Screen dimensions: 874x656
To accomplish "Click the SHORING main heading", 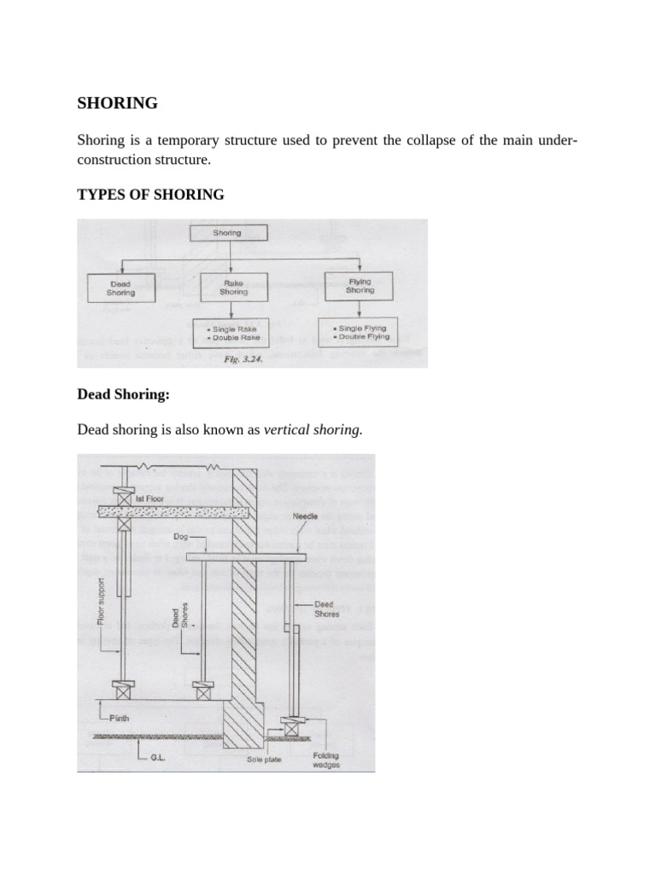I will click(118, 103).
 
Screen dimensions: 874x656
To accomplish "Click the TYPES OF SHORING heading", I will click(150, 195).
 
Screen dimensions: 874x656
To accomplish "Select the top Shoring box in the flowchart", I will click(227, 232).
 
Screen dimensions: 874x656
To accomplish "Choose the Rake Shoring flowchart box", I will click(233, 287).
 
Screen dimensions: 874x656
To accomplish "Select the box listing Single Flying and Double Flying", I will click(358, 331).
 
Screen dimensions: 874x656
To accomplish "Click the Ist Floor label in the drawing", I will click(150, 498).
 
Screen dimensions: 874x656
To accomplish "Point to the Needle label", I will click(305, 516).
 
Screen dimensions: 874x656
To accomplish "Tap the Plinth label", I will click(119, 719).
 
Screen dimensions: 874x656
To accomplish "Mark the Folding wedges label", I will click(325, 760).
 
